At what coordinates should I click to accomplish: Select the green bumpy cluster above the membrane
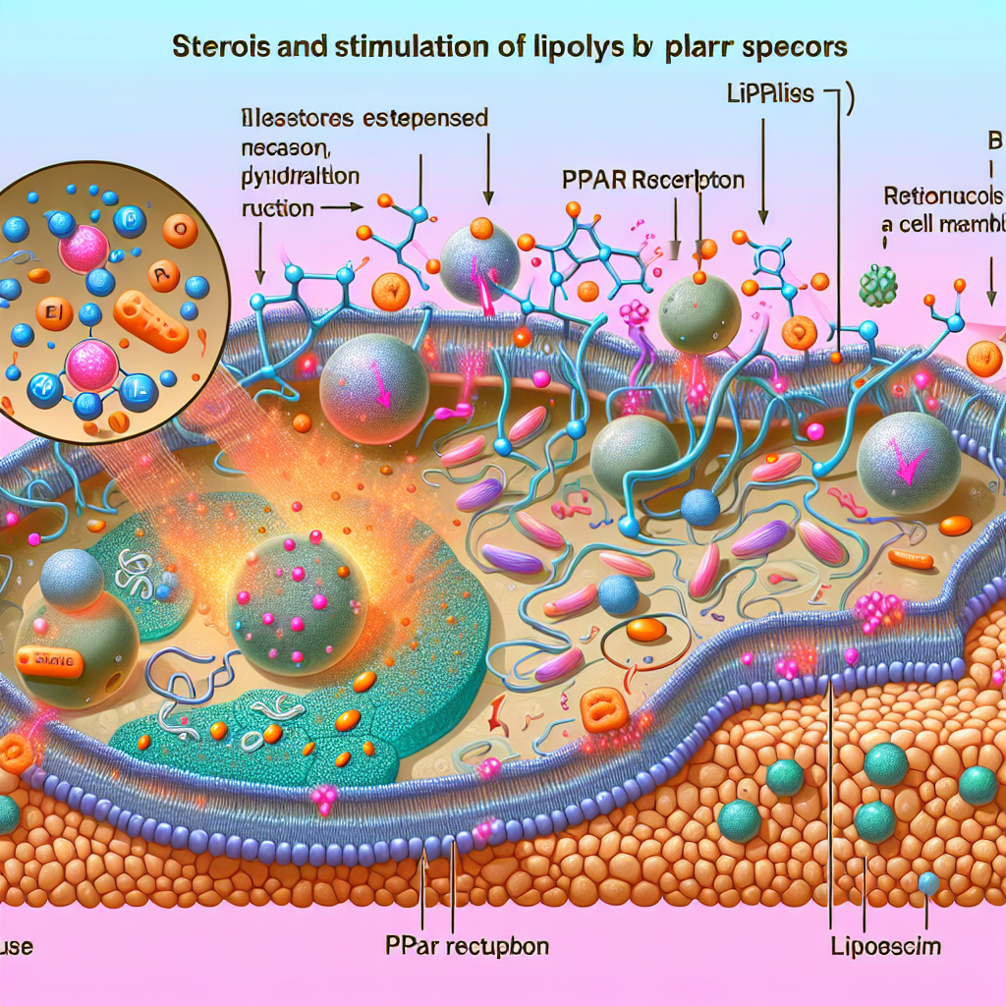(x=877, y=286)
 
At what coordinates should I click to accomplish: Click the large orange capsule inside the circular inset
(x=151, y=322)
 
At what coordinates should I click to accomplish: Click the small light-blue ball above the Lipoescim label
(x=927, y=884)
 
